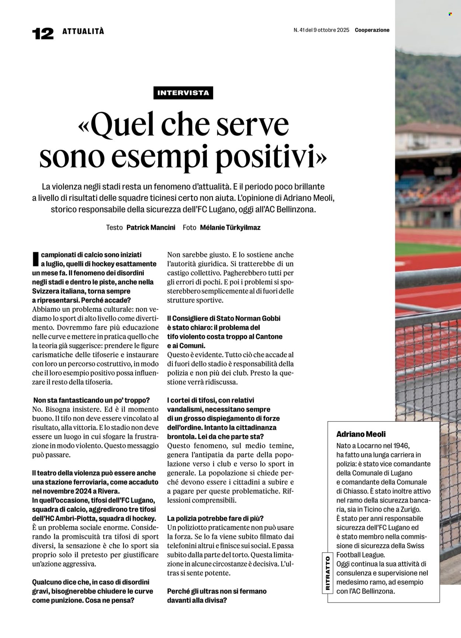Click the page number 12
coord(43,34)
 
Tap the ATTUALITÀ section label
coord(83,31)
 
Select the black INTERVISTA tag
coord(183,93)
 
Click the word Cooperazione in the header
coord(372,30)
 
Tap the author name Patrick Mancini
coord(151,228)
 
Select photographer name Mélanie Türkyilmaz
coord(230,228)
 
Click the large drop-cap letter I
coord(35,259)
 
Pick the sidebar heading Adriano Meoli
coord(361,434)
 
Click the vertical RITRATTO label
coord(327,573)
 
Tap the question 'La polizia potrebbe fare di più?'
coord(215,518)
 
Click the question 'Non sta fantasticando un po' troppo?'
coord(91,400)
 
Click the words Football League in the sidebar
coord(360,555)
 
